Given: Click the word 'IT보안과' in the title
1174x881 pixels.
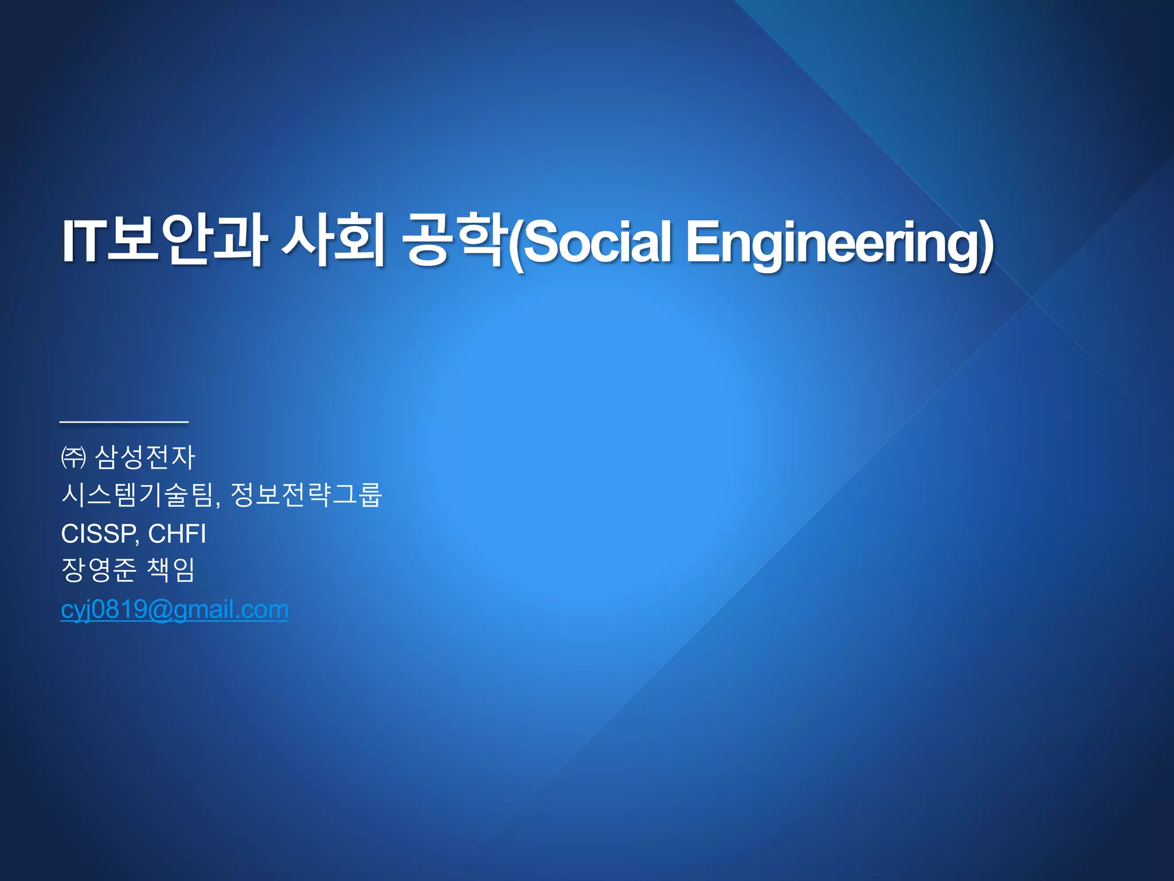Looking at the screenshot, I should pos(163,241).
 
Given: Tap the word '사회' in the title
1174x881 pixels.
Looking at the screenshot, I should pos(333,241).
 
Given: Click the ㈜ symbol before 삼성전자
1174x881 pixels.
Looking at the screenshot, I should pos(73,458).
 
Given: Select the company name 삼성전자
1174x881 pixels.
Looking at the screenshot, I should pos(145,458).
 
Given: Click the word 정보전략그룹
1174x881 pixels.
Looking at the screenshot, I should pos(306,494).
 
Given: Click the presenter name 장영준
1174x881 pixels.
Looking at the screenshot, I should pos(99,570).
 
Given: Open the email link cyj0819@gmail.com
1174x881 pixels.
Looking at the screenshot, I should pos(174,609).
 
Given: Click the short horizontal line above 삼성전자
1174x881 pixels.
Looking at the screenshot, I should pos(124,422).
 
